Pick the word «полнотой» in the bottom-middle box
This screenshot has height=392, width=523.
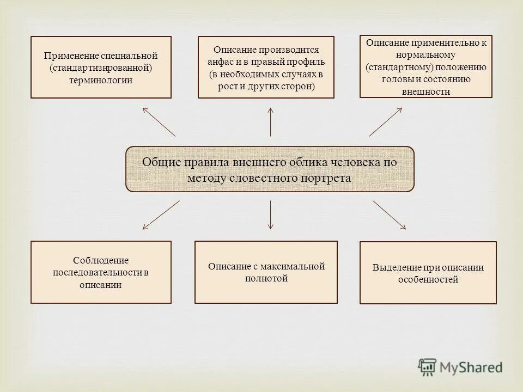[266, 278]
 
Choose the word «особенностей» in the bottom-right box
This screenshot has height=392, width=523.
[428, 279]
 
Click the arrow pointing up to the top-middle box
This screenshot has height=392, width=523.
[271, 121]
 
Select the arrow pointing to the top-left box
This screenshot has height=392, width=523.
[159, 121]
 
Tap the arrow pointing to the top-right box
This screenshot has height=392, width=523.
[386, 121]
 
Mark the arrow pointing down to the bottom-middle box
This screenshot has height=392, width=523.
[271, 214]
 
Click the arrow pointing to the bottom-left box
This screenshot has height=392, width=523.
[161, 214]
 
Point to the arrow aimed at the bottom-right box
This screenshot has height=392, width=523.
[389, 214]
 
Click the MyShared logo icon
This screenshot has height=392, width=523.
[427, 366]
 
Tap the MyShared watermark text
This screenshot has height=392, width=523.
[471, 367]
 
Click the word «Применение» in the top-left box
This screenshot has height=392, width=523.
[69, 56]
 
